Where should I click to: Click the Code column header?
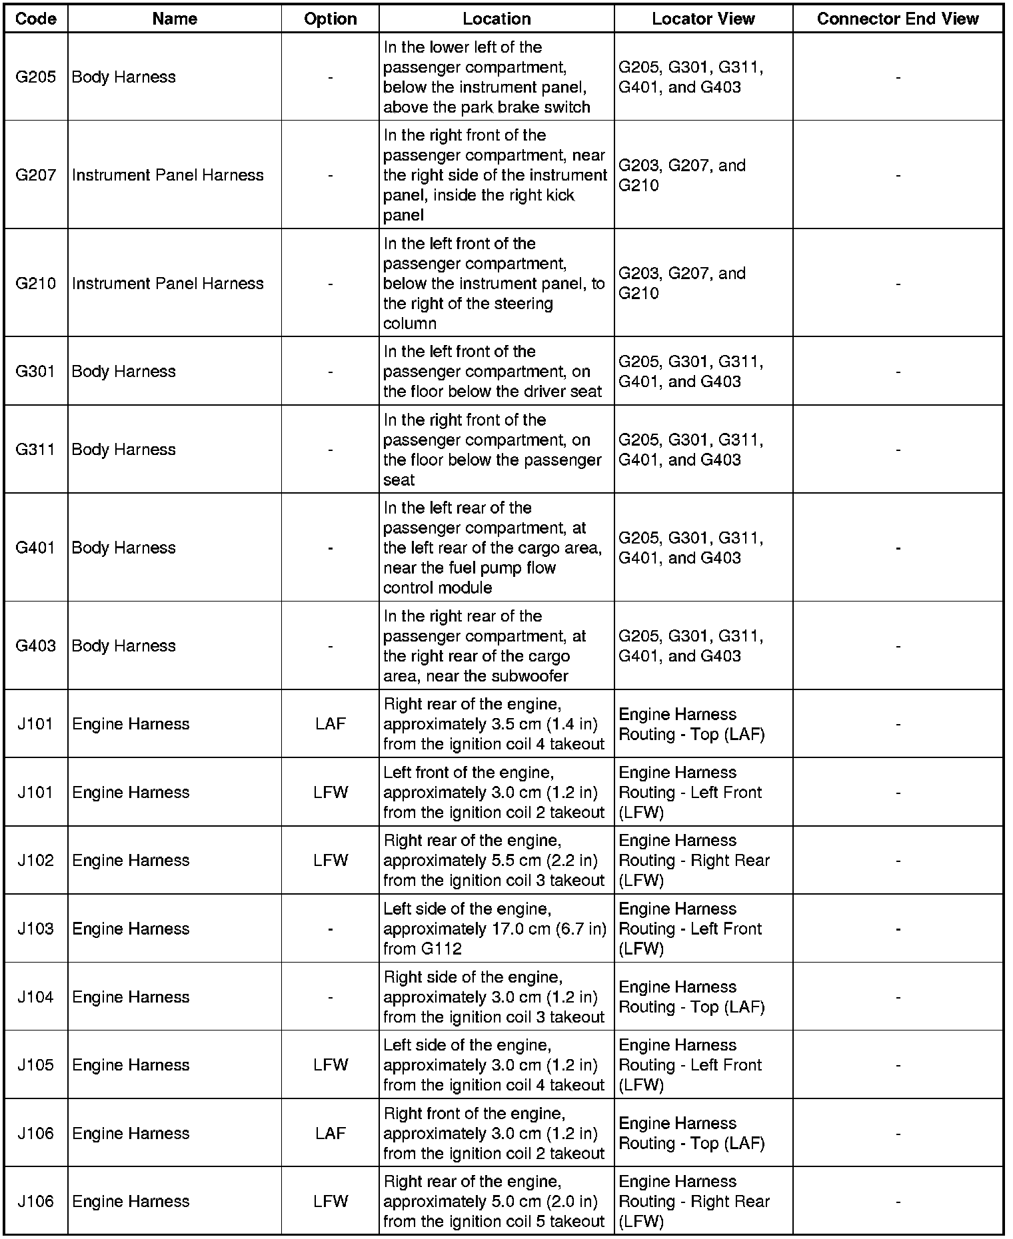(35, 19)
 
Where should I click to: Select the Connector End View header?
(897, 19)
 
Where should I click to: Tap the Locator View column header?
(703, 19)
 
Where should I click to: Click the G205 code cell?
(35, 77)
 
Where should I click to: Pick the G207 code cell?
(35, 175)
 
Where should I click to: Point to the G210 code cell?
(35, 283)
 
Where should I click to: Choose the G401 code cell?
(35, 548)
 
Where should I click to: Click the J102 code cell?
(35, 860)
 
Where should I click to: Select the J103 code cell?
(35, 929)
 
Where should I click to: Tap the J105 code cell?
(35, 1064)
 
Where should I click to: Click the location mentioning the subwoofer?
(496, 646)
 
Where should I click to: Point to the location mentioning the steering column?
(496, 283)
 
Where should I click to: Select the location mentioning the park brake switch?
(496, 77)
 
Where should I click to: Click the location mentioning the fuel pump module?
(496, 548)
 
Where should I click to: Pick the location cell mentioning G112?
(496, 929)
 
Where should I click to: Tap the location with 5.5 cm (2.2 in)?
(496, 860)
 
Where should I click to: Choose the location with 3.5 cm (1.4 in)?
(496, 724)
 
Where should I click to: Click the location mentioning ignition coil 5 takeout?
(496, 1201)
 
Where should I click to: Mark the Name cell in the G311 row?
(124, 450)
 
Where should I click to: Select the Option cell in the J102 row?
(331, 860)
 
